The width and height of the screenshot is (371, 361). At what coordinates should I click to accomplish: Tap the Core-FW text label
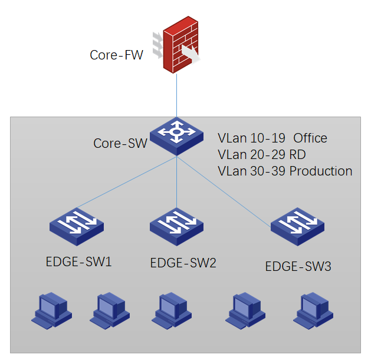[116, 55]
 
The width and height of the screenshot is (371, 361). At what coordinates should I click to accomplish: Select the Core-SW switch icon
[176, 134]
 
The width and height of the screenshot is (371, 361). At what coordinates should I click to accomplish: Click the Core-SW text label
[120, 143]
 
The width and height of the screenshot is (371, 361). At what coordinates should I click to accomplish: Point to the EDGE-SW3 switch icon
[298, 227]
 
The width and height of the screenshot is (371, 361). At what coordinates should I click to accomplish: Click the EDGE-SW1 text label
[78, 261]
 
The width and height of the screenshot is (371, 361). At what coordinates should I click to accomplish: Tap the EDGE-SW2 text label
[183, 263]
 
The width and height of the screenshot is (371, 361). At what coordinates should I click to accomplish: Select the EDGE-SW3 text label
[298, 266]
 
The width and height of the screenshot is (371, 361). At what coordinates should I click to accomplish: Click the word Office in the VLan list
[310, 138]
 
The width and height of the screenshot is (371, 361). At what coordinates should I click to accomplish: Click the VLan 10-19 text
[252, 138]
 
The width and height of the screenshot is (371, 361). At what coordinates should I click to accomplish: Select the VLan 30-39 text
[252, 171]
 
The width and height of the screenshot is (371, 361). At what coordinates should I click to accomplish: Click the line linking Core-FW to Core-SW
[176, 94]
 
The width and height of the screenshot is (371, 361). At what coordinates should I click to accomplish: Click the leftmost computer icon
[51, 310]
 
